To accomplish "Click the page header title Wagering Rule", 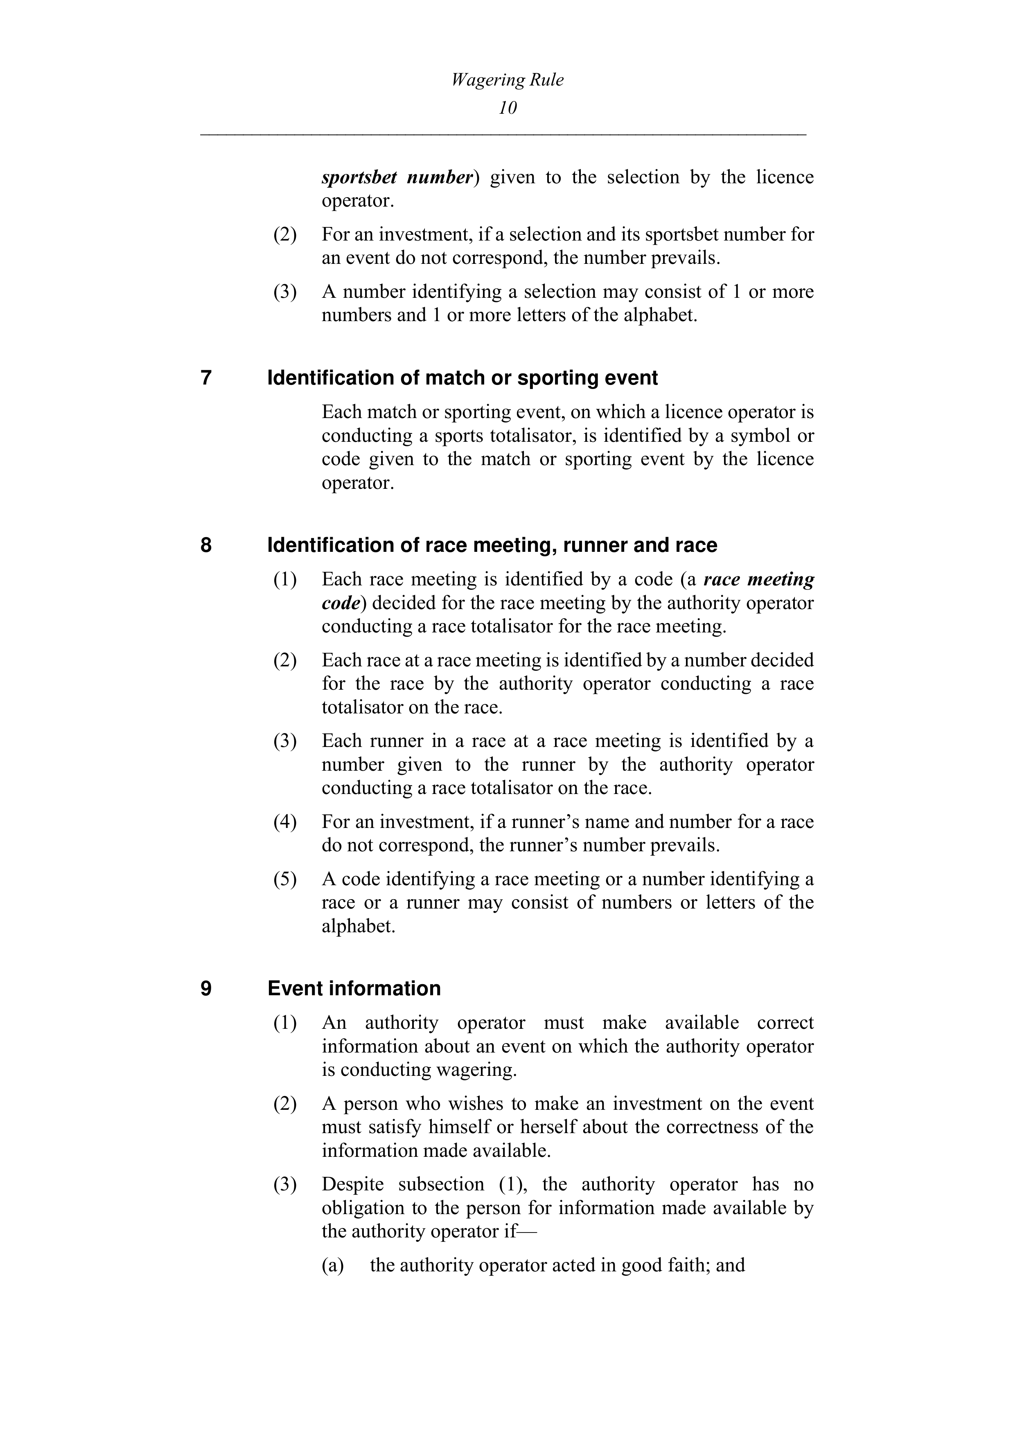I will (x=507, y=80).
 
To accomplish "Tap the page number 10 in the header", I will (x=507, y=108).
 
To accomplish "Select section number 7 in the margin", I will (x=206, y=378).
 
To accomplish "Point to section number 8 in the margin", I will (x=206, y=545).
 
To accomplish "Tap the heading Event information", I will (x=354, y=988).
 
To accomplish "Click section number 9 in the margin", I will (x=206, y=988).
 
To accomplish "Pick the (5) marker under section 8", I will (x=284, y=879).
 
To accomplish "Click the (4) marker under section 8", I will (x=284, y=821).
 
